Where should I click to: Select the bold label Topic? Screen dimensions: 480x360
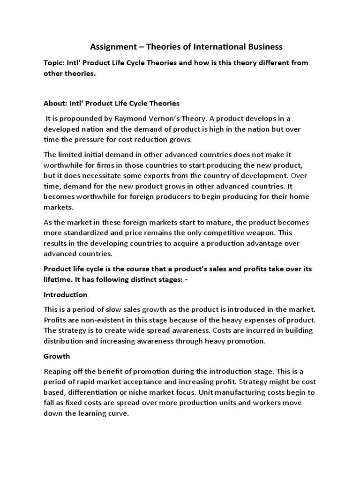click(54, 63)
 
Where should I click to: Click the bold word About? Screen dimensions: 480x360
click(55, 103)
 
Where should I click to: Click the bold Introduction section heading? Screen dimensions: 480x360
click(65, 295)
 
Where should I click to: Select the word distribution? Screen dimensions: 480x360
click(63, 341)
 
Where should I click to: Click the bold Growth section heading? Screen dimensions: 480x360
click(56, 356)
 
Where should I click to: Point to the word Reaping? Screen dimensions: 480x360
click(58, 371)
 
